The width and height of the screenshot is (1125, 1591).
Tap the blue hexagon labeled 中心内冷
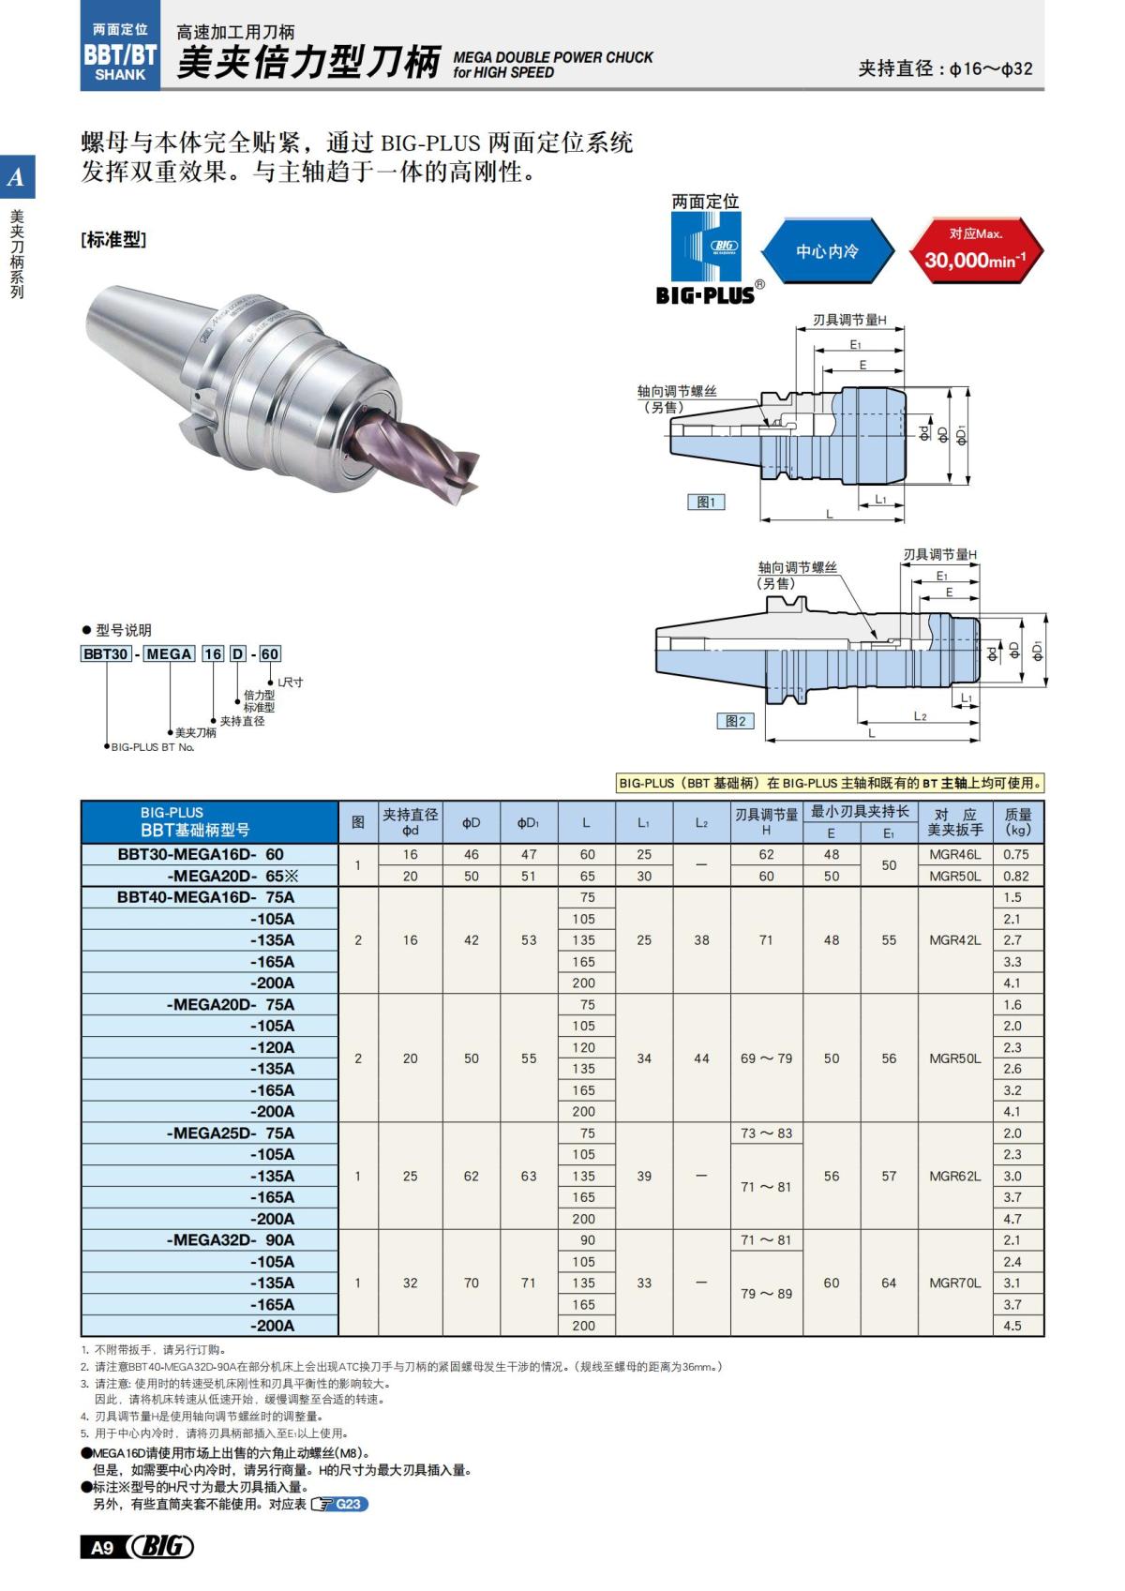click(827, 251)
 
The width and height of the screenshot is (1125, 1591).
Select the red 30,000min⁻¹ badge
click(975, 251)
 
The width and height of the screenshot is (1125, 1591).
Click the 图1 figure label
click(706, 503)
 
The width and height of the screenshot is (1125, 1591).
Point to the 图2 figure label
click(735, 721)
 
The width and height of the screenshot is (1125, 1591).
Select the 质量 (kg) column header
click(1017, 822)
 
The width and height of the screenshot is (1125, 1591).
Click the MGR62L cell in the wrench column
click(954, 1176)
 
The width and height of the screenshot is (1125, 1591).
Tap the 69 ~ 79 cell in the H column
click(766, 1058)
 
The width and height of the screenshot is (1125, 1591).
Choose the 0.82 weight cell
click(1015, 876)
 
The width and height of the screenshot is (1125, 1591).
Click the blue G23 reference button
click(347, 1504)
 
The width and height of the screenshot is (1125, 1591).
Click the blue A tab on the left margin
click(16, 177)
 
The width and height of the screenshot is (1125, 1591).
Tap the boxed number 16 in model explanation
click(213, 653)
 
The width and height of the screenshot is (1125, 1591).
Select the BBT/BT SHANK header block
click(120, 53)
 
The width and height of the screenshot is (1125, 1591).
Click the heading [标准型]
click(113, 240)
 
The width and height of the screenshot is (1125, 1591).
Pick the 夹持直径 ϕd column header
click(410, 822)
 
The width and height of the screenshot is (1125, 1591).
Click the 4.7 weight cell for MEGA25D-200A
click(1012, 1219)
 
